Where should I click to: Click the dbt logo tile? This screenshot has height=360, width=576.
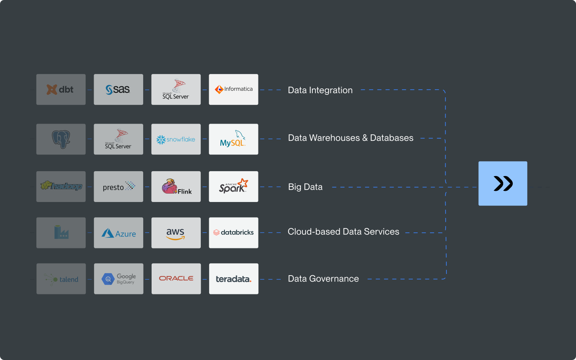pyautogui.click(x=61, y=90)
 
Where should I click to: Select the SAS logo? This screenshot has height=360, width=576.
pyautogui.click(x=118, y=90)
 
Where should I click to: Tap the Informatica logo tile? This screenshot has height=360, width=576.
pyautogui.click(x=234, y=90)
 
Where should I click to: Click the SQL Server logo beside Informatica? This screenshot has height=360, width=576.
pyautogui.click(x=176, y=90)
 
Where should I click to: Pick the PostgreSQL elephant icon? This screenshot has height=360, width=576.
pyautogui.click(x=61, y=139)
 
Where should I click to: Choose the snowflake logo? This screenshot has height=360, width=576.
pyautogui.click(x=176, y=139)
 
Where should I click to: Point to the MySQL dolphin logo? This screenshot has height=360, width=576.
pyautogui.click(x=234, y=139)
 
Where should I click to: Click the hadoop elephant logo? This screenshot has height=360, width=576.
pyautogui.click(x=61, y=186)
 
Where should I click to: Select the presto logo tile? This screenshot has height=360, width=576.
pyautogui.click(x=118, y=187)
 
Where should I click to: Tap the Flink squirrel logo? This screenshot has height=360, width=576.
pyautogui.click(x=176, y=187)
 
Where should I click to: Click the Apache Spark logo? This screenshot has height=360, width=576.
pyautogui.click(x=234, y=187)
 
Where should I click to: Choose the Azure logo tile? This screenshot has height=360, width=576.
pyautogui.click(x=118, y=233)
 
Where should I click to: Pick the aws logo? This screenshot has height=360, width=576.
pyautogui.click(x=176, y=233)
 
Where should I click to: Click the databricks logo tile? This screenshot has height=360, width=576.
pyautogui.click(x=234, y=233)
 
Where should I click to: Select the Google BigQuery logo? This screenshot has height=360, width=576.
pyautogui.click(x=118, y=279)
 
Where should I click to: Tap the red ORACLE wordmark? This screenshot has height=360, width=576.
pyautogui.click(x=176, y=278)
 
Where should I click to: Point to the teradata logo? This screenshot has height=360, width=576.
pyautogui.click(x=234, y=279)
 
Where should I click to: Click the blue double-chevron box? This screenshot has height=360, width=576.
pyautogui.click(x=503, y=184)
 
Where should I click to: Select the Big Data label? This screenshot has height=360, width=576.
pyautogui.click(x=305, y=187)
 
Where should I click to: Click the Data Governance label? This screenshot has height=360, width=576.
pyautogui.click(x=323, y=279)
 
